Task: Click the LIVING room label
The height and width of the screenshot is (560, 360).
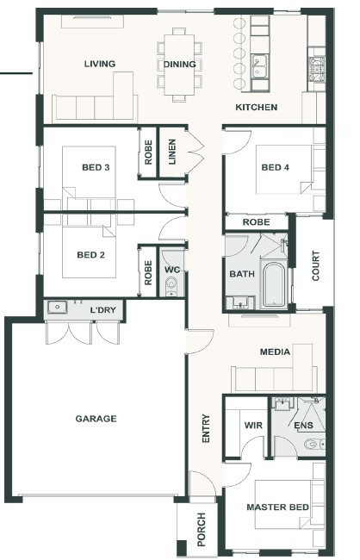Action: tap(100, 64)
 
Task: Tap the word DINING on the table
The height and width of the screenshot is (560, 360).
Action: tap(180, 65)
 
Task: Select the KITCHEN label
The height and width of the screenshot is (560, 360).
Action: tap(257, 107)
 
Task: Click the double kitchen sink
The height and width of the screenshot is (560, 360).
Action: tap(259, 66)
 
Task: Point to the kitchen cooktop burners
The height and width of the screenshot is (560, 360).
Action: tap(317, 67)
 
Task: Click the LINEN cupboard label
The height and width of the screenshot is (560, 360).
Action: tap(172, 152)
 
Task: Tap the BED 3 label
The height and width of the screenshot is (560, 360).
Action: tap(96, 167)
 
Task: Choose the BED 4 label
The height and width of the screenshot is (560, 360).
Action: tap(275, 167)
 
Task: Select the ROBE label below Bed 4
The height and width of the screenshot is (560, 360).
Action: tap(256, 222)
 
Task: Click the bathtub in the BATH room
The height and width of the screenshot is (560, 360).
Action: tap(274, 285)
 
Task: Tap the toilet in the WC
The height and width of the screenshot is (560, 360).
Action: tap(171, 286)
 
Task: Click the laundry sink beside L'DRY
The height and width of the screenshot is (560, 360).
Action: tap(57, 308)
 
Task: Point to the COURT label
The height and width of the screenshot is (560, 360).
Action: tap(316, 265)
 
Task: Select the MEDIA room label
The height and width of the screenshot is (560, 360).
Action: tap(275, 352)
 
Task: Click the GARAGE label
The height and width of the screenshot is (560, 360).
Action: tap(96, 419)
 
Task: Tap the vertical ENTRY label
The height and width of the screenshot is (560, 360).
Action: tap(206, 428)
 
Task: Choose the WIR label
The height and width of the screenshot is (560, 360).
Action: tap(253, 426)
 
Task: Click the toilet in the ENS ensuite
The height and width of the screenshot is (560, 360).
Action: tap(314, 444)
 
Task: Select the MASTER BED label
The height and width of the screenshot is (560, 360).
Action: tap(277, 507)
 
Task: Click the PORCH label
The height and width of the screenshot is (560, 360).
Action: tap(202, 529)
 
